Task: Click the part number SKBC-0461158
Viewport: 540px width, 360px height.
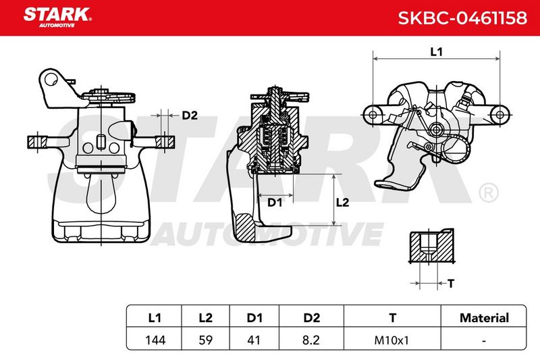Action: (462, 18)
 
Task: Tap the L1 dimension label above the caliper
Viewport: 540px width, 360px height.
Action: (436, 52)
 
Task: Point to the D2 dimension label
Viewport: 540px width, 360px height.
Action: (190, 115)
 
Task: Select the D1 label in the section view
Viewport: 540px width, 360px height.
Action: (275, 203)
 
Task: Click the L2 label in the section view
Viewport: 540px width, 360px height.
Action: (342, 202)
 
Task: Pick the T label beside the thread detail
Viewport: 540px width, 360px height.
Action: (451, 284)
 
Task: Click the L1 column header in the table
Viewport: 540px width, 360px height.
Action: (155, 317)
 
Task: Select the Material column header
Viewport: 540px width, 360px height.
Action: (484, 317)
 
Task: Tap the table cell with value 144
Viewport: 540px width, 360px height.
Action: (155, 340)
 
